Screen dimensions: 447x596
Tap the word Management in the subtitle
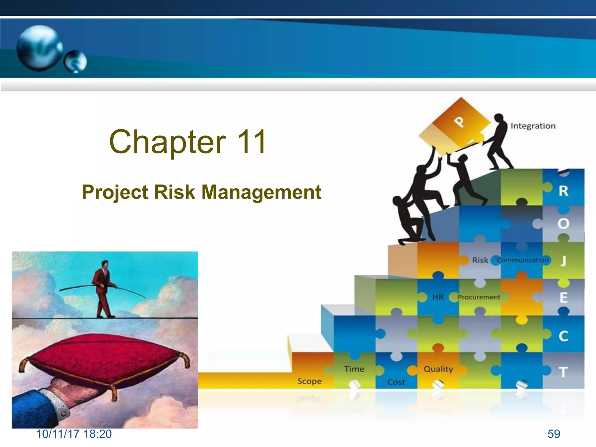tap(261, 192)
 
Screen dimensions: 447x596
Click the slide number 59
tap(554, 434)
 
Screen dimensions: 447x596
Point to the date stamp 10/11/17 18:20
tap(74, 434)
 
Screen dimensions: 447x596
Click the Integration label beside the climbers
tap(533, 126)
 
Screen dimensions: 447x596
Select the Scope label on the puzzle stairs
tap(309, 381)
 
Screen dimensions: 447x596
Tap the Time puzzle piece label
tap(354, 369)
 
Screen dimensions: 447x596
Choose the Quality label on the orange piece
tap(438, 369)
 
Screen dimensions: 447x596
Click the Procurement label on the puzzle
tap(479, 297)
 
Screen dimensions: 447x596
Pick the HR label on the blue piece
tap(438, 297)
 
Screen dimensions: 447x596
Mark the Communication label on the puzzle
tap(522, 260)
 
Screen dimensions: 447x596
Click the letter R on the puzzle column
tap(563, 191)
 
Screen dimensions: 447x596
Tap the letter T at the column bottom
tap(563, 372)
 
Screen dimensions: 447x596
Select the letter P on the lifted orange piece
tap(459, 122)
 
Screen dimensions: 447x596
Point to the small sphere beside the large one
tap(75, 61)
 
